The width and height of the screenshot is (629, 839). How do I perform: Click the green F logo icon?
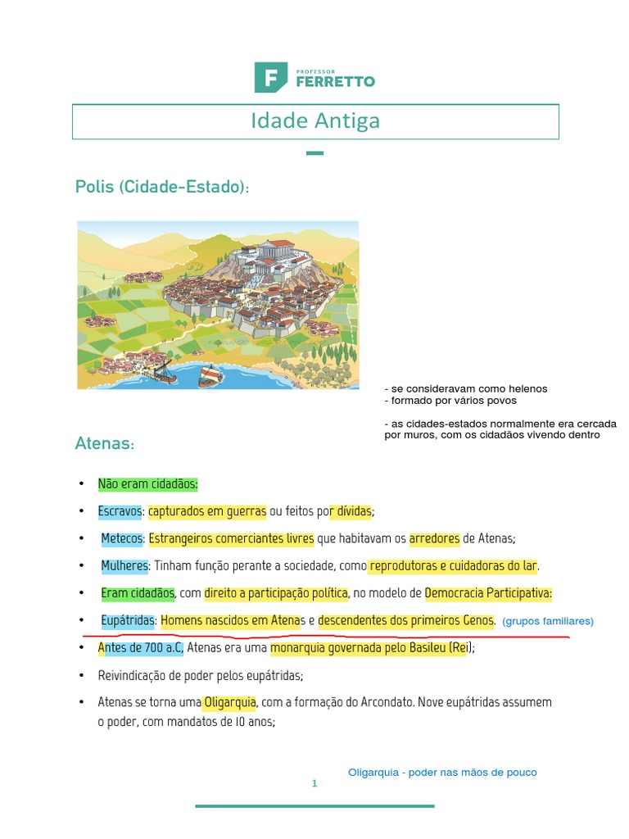(x=269, y=76)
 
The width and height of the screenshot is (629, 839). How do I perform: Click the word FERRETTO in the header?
(x=335, y=81)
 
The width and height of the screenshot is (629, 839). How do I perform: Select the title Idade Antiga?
(x=315, y=121)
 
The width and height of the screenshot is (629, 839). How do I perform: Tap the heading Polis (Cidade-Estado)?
(x=161, y=188)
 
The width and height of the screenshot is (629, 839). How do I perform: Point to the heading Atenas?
(x=104, y=444)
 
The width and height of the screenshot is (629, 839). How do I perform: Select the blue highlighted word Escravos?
(x=120, y=511)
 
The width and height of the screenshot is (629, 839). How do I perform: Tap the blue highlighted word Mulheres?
(x=124, y=565)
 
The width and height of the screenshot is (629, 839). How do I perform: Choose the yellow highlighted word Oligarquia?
(x=230, y=702)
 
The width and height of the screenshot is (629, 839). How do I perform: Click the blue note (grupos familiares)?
(x=547, y=621)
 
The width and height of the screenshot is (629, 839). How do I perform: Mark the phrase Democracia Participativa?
(x=489, y=592)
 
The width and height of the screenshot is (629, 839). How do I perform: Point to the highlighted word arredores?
(x=434, y=538)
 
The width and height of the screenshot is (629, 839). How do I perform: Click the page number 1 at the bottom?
(x=314, y=784)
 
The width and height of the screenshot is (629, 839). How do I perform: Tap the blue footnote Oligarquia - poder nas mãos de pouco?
(x=442, y=773)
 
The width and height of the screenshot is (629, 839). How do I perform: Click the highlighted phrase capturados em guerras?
(x=207, y=511)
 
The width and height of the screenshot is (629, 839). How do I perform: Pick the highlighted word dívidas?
(x=351, y=511)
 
